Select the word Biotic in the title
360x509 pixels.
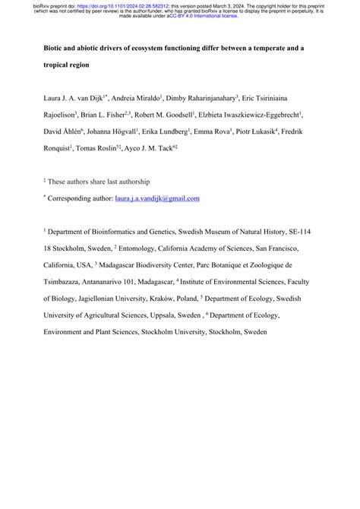[55, 48]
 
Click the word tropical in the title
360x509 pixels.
[59, 65]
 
